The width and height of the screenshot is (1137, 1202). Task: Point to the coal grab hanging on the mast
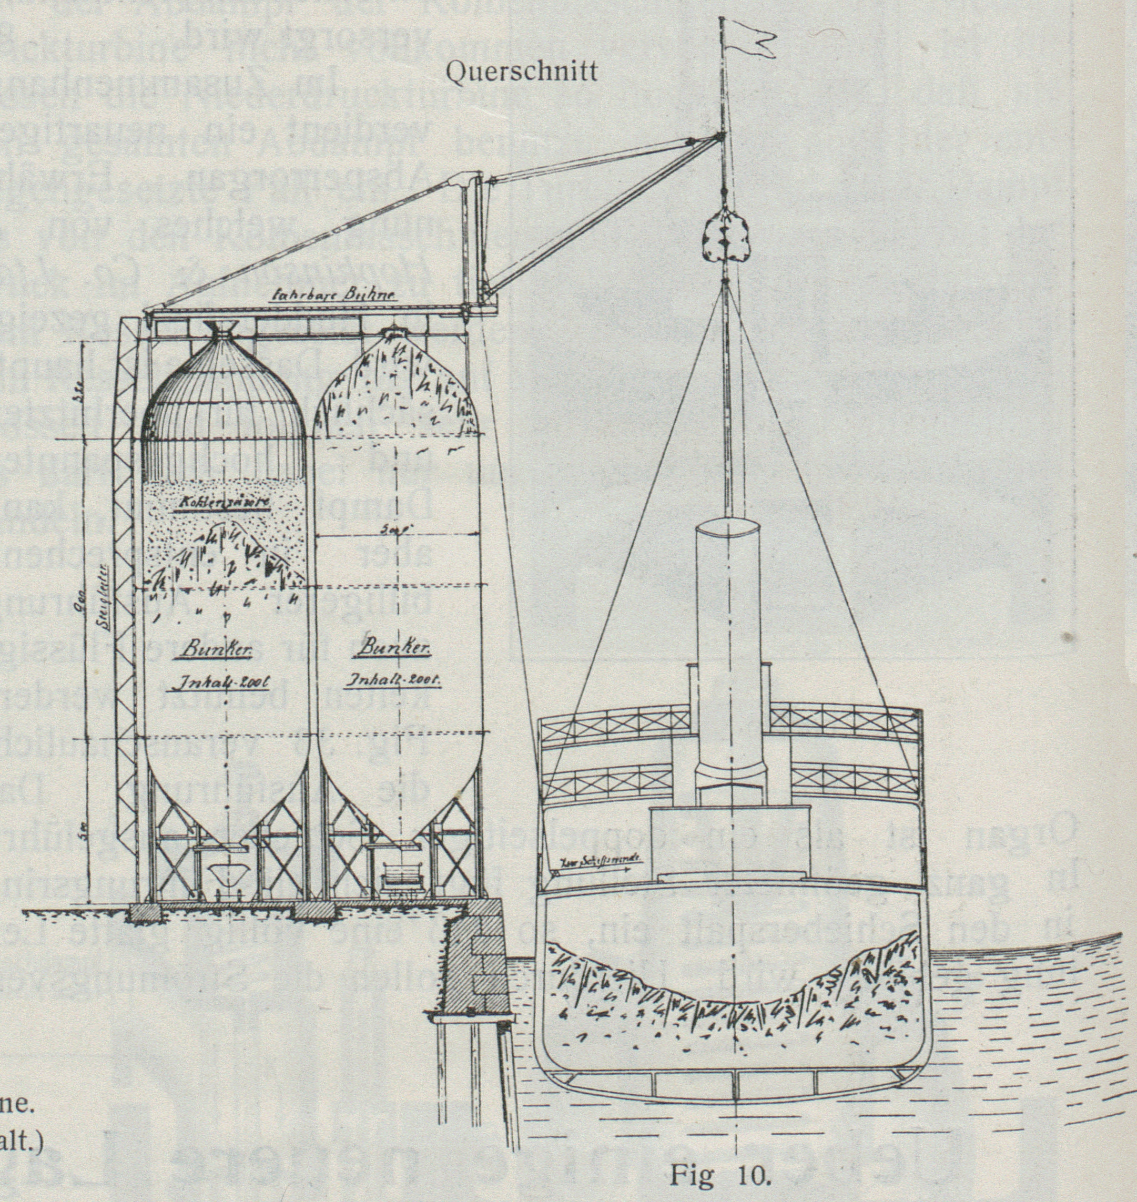pyautogui.click(x=725, y=236)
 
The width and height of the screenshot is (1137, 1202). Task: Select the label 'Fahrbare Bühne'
pyautogui.click(x=335, y=296)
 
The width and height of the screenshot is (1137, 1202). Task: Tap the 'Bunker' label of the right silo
pyautogui.click(x=395, y=648)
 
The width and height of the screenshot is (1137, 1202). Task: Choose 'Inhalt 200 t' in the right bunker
pyautogui.click(x=393, y=680)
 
